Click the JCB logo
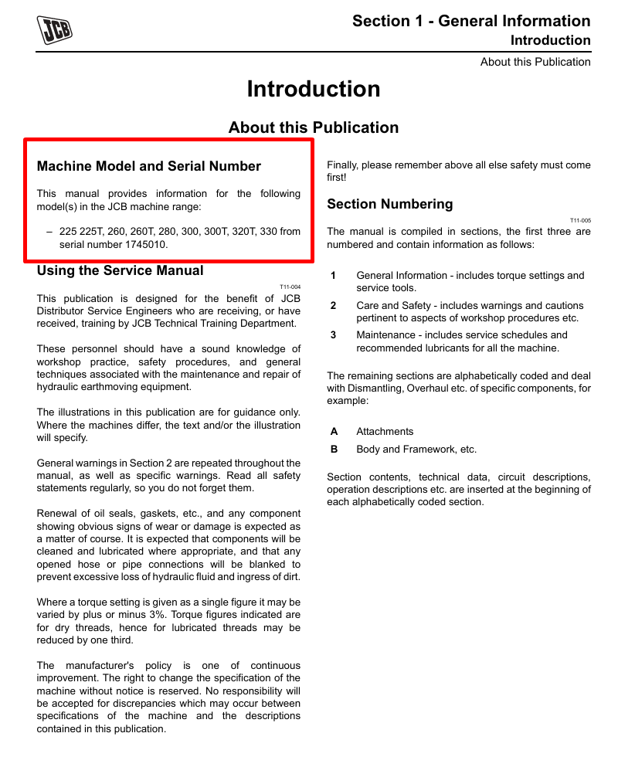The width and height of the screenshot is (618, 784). pos(55,30)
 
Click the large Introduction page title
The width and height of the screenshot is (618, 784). pos(314,90)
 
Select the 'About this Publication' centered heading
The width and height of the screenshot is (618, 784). pos(314,127)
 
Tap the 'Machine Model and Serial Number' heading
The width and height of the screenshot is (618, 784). pos(149,166)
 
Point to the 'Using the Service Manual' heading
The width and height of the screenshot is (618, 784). pos(121,270)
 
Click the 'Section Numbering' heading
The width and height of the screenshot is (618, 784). pos(390,204)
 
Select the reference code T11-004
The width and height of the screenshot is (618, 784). pos(290,287)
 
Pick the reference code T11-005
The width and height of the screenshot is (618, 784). pos(580,220)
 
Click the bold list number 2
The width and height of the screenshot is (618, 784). pos(333,306)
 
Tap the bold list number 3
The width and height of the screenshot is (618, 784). pos(333,335)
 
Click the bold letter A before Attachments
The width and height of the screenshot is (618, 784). pos(334,432)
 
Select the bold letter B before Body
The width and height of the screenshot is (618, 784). pos(334,450)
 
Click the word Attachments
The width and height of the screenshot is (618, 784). pos(385,432)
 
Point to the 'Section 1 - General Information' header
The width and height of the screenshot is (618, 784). pos(471,21)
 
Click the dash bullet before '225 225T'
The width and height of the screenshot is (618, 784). pos(49,231)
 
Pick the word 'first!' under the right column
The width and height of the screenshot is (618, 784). pos(337,178)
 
